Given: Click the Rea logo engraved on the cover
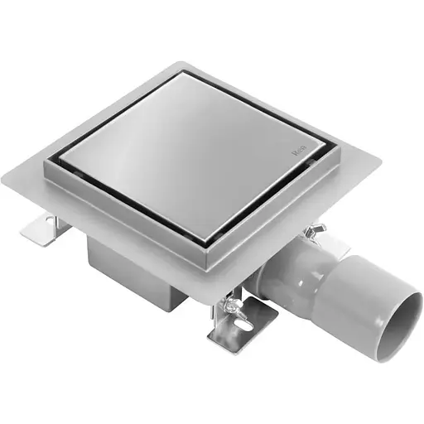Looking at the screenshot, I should tap(299, 152).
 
